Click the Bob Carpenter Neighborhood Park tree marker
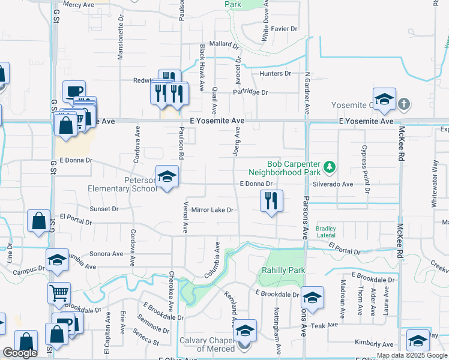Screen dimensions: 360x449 (329, 166)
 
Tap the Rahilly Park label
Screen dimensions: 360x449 (283, 270)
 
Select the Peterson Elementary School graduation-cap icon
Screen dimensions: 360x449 (167, 176)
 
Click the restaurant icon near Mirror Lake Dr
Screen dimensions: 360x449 (271, 201)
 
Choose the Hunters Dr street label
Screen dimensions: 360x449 (275, 74)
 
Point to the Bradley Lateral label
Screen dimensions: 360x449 (326, 232)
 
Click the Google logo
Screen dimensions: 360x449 (20, 353)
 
